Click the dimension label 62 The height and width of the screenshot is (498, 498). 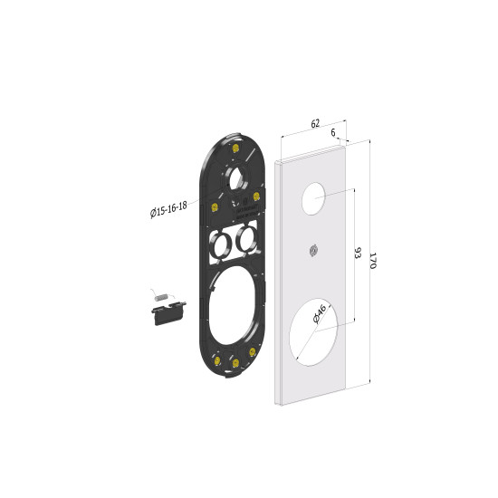[x=315, y=123]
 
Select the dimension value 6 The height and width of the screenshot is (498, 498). [x=333, y=132]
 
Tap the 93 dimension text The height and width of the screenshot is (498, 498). [x=358, y=253]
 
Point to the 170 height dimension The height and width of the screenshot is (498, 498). [x=373, y=261]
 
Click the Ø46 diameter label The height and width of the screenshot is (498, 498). [x=320, y=313]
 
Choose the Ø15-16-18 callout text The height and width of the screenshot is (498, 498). [x=168, y=209]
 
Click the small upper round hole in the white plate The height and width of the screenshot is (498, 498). [x=313, y=198]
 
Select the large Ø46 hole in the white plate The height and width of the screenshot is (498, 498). [x=313, y=332]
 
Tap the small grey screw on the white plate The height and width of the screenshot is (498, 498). [x=313, y=251]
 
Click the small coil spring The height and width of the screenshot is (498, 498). [x=160, y=297]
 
